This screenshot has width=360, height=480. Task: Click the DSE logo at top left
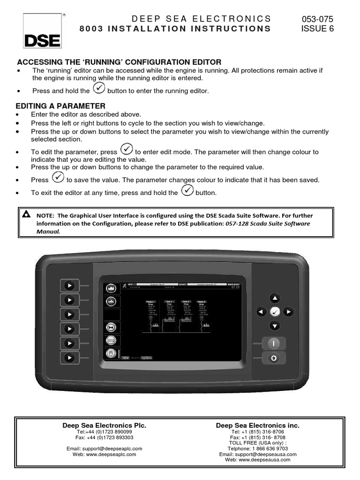pyautogui.click(x=43, y=32)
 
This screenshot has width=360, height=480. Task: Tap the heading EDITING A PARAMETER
pyautogui.click(x=61, y=106)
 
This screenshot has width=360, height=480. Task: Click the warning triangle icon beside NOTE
pyautogui.click(x=26, y=215)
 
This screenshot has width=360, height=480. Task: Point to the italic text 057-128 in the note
pyautogui.click(x=236, y=224)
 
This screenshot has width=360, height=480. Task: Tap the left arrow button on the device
pyautogui.click(x=261, y=311)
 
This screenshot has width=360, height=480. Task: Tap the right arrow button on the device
pyautogui.click(x=289, y=311)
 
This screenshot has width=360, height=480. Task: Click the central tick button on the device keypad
pyautogui.click(x=275, y=311)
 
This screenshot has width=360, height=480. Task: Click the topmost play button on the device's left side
pyautogui.click(x=69, y=285)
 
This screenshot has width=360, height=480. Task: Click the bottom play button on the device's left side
pyautogui.click(x=69, y=358)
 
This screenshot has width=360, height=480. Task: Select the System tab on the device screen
pyautogui.click(x=146, y=358)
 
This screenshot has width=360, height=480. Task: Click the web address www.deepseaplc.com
pyautogui.click(x=104, y=454)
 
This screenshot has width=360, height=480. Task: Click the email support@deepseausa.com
pyautogui.click(x=257, y=454)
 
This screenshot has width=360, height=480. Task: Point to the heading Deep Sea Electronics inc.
pyautogui.click(x=257, y=426)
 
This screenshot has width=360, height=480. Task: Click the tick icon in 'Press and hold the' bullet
pyautogui.click(x=99, y=88)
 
